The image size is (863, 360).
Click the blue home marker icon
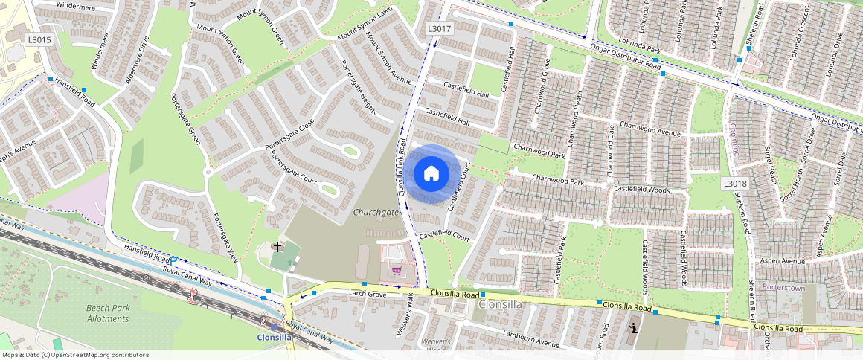(x=431, y=174)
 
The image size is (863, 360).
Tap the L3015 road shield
(x=39, y=40)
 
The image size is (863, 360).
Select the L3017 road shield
(x=440, y=28)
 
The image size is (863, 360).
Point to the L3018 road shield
(x=734, y=183)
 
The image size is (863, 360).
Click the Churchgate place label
(x=376, y=212)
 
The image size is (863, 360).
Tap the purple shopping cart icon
(x=397, y=271)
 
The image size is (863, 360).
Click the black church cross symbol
(x=278, y=246)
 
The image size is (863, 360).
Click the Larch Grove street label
(x=368, y=295)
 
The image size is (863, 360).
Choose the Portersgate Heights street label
(x=358, y=87)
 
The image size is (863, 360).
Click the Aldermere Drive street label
(x=138, y=60)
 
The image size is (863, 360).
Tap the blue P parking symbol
(x=173, y=260)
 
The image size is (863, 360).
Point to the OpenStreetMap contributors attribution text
(x=75, y=355)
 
